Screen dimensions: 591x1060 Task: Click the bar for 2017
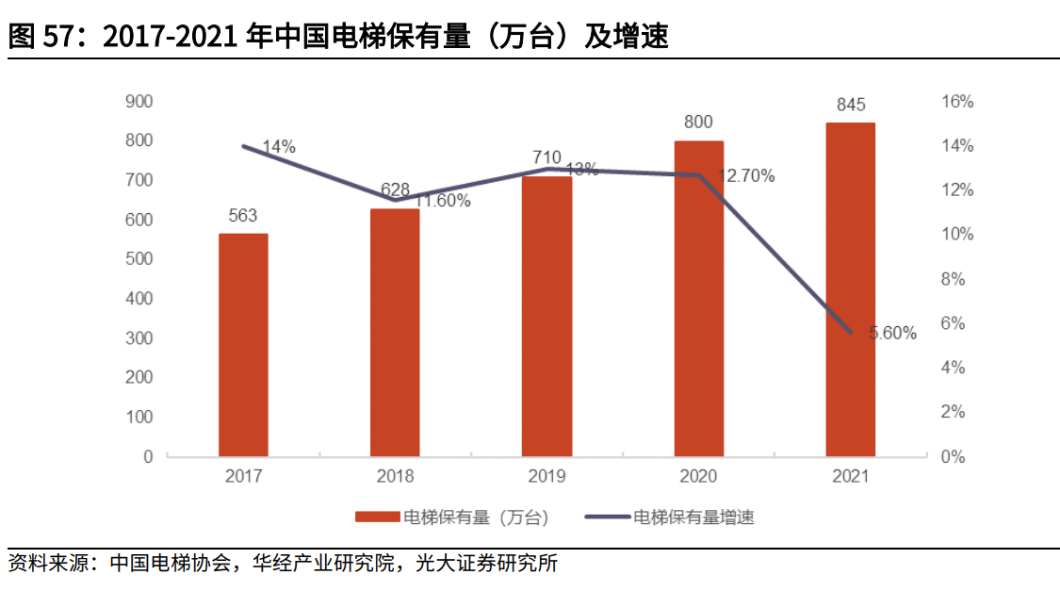(243, 345)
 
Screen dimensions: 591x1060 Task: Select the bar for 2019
(546, 316)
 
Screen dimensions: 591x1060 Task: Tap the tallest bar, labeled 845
(850, 289)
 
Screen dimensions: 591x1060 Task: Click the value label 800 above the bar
(698, 122)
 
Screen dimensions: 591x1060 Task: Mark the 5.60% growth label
(891, 333)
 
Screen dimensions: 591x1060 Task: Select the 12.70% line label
(746, 175)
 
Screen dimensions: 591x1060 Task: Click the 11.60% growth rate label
(442, 201)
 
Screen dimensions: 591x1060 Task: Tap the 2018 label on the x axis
(395, 476)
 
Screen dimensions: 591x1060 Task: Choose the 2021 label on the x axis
(850, 476)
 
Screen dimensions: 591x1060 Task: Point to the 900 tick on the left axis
(139, 101)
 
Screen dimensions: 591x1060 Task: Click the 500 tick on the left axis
(139, 259)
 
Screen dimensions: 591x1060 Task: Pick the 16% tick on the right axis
(957, 102)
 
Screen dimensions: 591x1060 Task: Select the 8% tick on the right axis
(957, 279)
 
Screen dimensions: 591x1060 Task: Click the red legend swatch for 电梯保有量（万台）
(377, 517)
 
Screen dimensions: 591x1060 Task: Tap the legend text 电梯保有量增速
(693, 517)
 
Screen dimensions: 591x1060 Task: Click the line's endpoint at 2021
(850, 333)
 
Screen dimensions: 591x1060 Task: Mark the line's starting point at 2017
(243, 146)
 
